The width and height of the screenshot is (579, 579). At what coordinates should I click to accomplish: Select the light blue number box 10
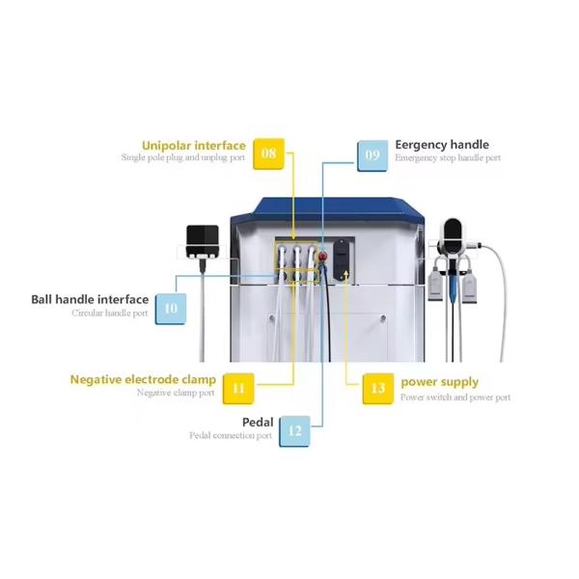(x=170, y=308)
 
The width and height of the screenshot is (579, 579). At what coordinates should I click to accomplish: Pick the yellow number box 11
(x=238, y=388)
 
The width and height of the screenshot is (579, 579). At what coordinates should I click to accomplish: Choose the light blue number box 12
(x=294, y=430)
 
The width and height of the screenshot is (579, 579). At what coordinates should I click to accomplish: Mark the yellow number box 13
(x=377, y=388)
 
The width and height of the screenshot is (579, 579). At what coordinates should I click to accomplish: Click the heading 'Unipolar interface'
(x=193, y=146)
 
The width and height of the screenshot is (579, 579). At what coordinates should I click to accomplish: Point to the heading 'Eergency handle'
(x=442, y=145)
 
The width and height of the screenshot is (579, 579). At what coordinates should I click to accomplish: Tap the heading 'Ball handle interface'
(x=90, y=300)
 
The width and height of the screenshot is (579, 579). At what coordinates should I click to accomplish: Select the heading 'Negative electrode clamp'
(x=143, y=379)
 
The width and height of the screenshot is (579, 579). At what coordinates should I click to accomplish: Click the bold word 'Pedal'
(x=258, y=423)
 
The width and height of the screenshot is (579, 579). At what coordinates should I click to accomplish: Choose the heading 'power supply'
(x=439, y=382)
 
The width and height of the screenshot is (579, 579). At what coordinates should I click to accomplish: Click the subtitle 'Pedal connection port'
(x=231, y=436)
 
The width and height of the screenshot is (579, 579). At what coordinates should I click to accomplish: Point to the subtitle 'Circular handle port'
(x=110, y=314)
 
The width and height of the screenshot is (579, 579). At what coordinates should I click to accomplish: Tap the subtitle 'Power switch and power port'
(x=455, y=397)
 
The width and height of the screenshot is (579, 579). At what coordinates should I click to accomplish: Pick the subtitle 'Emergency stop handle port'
(x=448, y=158)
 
